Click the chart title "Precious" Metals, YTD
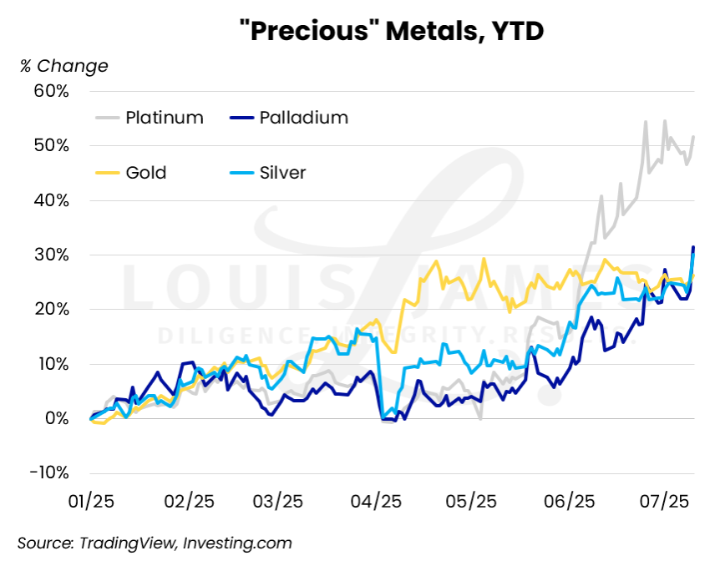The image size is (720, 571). click(x=391, y=31)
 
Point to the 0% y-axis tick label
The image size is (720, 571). click(x=55, y=419)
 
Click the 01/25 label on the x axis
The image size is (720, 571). click(x=91, y=503)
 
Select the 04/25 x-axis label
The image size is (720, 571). click(x=378, y=503)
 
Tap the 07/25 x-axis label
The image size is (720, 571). click(x=663, y=503)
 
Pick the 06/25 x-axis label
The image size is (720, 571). click(x=568, y=503)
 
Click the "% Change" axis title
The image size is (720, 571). click(x=64, y=66)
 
